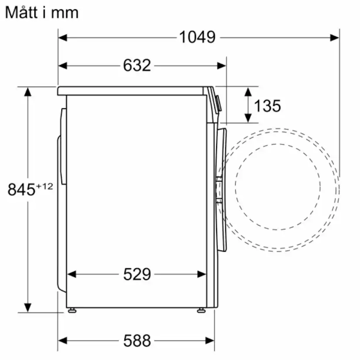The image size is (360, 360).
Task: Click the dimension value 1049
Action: point(197,37)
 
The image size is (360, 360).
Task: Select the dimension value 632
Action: point(137,66)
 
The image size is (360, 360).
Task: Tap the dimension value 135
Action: point(267,106)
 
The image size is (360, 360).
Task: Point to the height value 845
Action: point(21,190)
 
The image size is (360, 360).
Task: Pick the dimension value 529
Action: point(137,274)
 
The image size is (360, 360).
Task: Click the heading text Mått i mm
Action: point(42,12)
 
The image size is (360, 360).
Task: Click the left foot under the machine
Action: point(71,310)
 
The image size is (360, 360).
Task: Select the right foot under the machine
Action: point(200,310)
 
